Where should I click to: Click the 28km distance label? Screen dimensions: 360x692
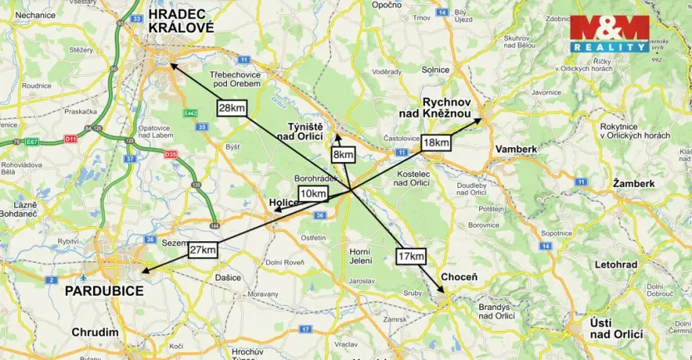[x=232, y=108]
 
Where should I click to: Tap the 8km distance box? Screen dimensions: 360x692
[x=343, y=155]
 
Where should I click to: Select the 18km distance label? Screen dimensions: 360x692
[x=436, y=143]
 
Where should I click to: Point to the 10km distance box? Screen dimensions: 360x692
[x=313, y=194]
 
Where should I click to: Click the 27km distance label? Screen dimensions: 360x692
[x=203, y=250]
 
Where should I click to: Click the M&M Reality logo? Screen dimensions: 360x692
[x=609, y=34]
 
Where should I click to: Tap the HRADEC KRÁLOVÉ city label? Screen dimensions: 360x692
[x=180, y=21]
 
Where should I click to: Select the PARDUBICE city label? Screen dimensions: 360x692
[x=104, y=291]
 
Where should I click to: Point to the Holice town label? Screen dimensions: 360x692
[x=283, y=202]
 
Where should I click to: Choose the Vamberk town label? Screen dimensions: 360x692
[x=516, y=149]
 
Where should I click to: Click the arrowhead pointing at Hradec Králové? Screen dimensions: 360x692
[x=172, y=64]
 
